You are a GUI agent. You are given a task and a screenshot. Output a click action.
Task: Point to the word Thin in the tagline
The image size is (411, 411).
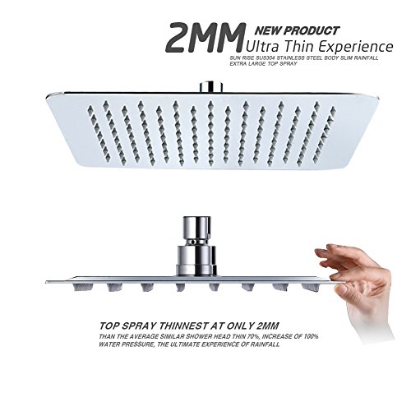coord(300,47)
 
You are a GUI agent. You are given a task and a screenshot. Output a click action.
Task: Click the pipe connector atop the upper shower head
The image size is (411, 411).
coord(210,86)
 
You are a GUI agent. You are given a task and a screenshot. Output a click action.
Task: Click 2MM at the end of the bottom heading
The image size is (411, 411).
coord(268,326)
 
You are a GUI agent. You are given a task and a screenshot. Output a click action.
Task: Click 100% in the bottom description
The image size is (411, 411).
coord(311,336)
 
